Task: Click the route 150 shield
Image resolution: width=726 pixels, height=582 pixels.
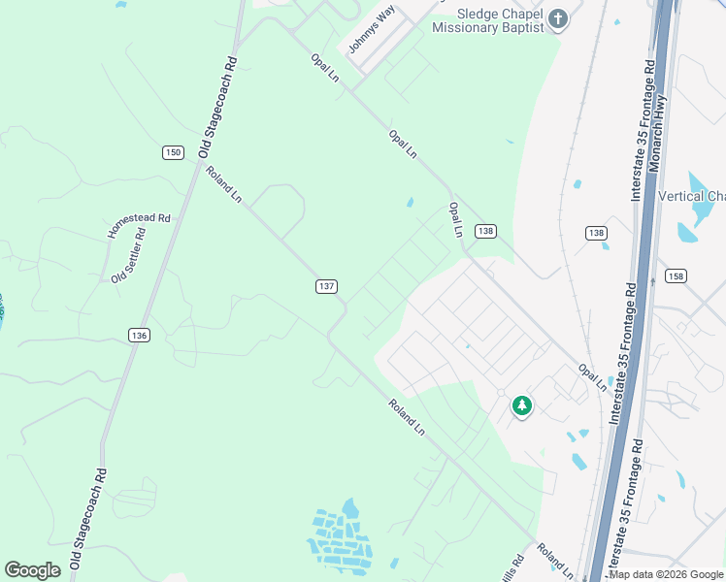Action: [173, 152]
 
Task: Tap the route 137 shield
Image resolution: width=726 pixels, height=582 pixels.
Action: [326, 286]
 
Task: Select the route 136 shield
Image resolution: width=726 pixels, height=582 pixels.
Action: [139, 335]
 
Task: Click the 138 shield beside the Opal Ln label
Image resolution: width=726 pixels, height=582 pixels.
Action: [485, 231]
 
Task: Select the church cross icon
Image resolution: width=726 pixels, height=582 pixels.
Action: [558, 18]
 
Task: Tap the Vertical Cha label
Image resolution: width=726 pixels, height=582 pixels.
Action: [691, 197]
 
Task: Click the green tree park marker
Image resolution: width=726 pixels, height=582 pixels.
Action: [522, 404]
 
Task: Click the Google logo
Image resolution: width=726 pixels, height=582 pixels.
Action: [32, 570]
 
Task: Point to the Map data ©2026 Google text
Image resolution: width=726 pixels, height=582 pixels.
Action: [666, 574]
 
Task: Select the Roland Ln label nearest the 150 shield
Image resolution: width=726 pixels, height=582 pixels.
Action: [223, 184]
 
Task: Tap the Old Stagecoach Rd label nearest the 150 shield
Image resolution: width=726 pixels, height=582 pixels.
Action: [217, 107]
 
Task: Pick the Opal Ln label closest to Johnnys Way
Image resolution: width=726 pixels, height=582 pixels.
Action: [325, 68]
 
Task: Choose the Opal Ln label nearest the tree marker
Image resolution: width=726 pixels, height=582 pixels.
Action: [592, 378]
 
